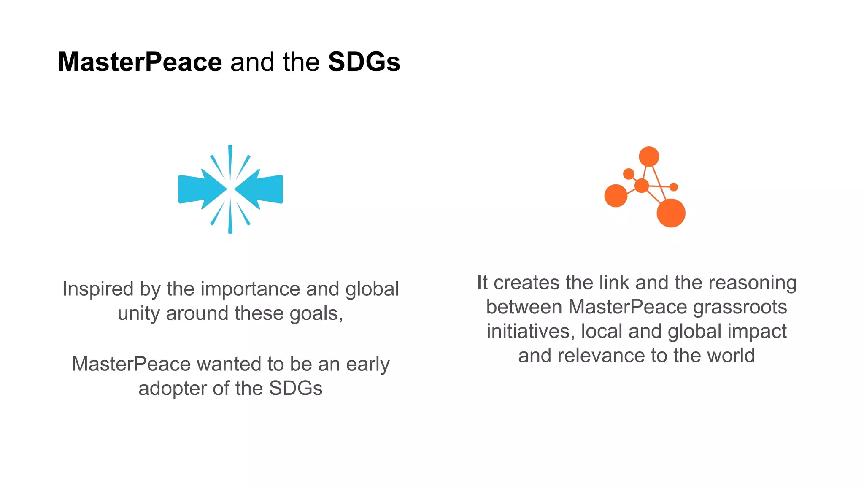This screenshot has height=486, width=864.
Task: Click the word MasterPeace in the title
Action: click(x=140, y=62)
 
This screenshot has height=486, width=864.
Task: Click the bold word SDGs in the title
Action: click(x=364, y=62)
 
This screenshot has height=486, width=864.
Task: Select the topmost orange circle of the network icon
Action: click(x=649, y=157)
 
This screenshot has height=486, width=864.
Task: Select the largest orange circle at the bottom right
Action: click(x=671, y=213)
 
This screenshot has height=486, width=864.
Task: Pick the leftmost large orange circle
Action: click(x=616, y=196)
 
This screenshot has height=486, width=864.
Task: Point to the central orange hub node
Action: click(x=641, y=185)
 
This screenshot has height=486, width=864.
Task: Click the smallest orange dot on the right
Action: click(x=674, y=187)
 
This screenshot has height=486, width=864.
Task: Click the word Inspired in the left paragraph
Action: click(x=98, y=289)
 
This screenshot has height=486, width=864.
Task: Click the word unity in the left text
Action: click(x=138, y=313)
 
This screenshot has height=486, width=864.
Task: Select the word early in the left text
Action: click(x=367, y=364)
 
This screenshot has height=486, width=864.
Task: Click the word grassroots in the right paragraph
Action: click(x=740, y=307)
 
